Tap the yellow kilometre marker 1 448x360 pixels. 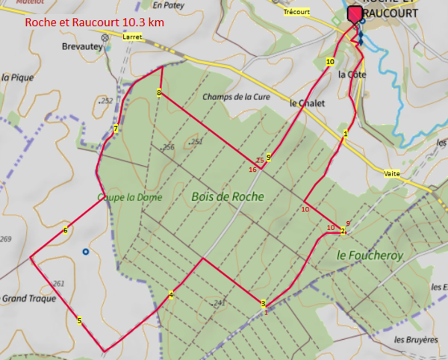345,134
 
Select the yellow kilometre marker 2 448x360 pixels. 342,232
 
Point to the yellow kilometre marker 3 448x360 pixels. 263,303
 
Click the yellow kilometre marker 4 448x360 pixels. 171,295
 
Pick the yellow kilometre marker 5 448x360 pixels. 79,320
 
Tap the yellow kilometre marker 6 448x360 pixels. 66,230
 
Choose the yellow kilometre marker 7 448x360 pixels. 116,129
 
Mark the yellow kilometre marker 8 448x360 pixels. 159,92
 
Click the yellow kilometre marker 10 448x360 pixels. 329,62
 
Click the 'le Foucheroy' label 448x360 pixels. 370,255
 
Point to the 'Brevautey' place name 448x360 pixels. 81,46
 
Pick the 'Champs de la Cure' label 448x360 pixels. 235,96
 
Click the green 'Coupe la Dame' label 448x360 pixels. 119,197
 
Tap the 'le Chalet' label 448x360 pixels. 307,104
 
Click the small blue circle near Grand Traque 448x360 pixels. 86,252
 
